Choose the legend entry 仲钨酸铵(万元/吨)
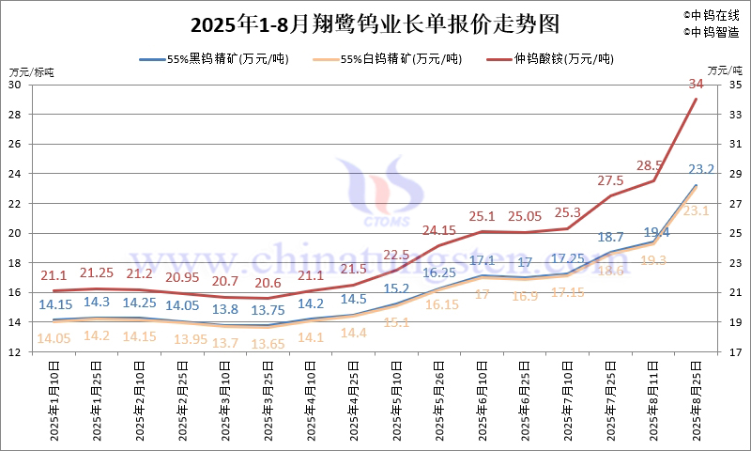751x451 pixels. [562, 59]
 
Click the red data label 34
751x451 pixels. [696, 85]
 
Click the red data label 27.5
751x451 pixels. [610, 180]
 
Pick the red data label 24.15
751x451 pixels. [439, 229]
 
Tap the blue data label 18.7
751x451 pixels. [610, 238]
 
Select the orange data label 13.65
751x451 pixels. [268, 344]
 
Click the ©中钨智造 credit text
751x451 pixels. [712, 32]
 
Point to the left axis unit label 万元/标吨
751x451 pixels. [32, 71]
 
